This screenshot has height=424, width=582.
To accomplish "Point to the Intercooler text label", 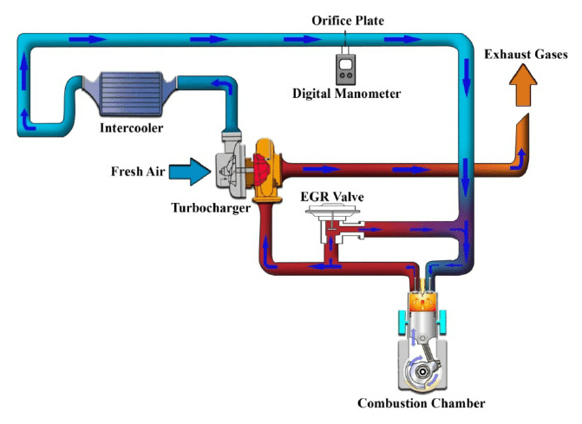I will click(x=132, y=128).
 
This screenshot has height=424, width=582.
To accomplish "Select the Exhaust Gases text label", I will click(x=526, y=55).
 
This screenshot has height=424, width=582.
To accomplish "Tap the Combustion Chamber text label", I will click(x=422, y=403).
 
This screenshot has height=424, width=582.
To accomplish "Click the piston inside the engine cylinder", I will click(x=422, y=325).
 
